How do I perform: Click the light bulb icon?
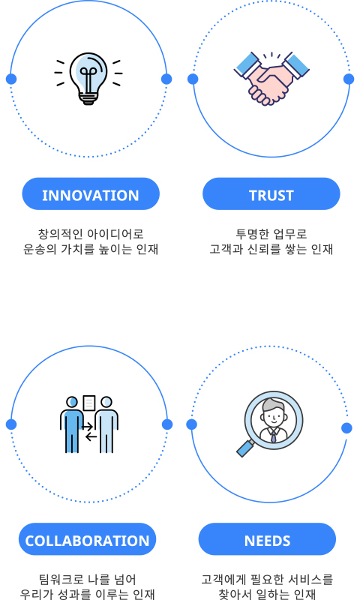click(x=88, y=78)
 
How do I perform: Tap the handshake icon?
click(x=271, y=79)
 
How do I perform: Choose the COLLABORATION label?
click(x=87, y=539)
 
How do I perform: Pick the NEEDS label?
click(x=267, y=539)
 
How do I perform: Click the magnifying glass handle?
click(x=245, y=448)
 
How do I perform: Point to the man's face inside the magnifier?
click(x=274, y=415)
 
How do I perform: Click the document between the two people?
click(x=89, y=403)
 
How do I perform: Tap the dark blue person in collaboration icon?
click(x=72, y=424)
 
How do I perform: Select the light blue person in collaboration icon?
click(x=106, y=424)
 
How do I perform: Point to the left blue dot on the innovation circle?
click(x=11, y=79)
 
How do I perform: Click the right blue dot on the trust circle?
click(x=349, y=79)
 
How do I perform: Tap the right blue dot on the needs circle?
click(x=346, y=428)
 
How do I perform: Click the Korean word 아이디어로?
click(x=115, y=234)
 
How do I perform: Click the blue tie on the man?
click(x=274, y=437)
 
